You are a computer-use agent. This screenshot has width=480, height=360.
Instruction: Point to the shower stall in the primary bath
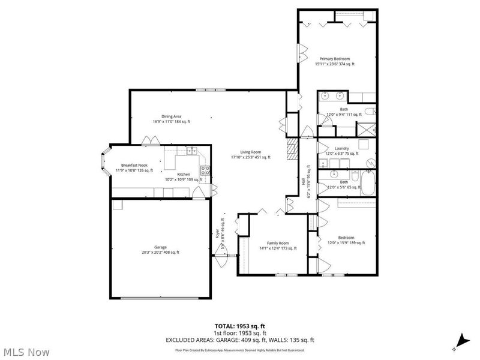365,129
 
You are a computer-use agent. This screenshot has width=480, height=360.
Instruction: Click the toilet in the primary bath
370,111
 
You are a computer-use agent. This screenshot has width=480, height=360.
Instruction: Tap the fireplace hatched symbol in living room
292,148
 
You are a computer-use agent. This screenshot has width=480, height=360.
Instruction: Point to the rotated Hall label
303,180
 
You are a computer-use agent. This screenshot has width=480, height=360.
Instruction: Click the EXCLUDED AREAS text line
240,340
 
